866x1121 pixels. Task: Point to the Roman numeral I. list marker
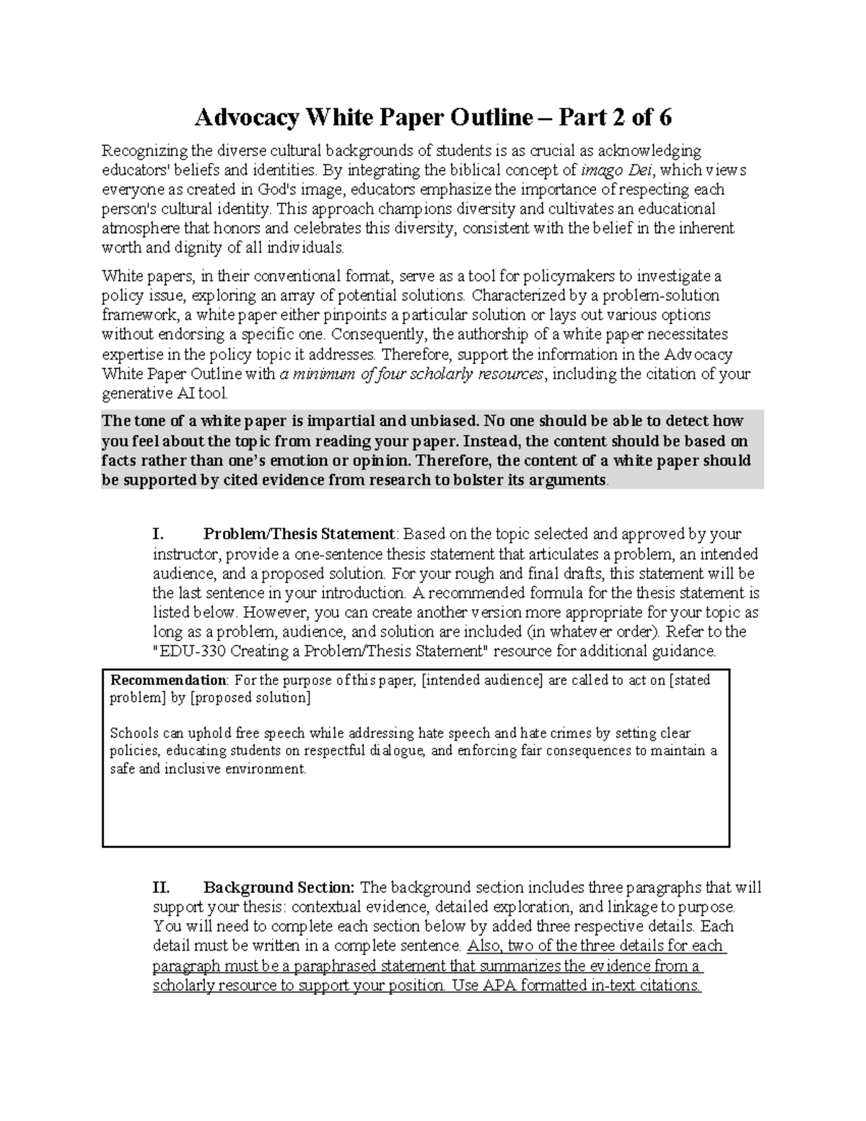pyautogui.click(x=159, y=534)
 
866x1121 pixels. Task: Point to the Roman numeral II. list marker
pyautogui.click(x=162, y=887)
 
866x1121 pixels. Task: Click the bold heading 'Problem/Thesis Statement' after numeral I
pyautogui.click(x=299, y=534)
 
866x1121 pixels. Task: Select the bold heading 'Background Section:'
pyautogui.click(x=279, y=887)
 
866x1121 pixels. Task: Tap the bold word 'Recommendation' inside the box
pyautogui.click(x=167, y=680)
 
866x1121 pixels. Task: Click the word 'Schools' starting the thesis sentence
pyautogui.click(x=134, y=733)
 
